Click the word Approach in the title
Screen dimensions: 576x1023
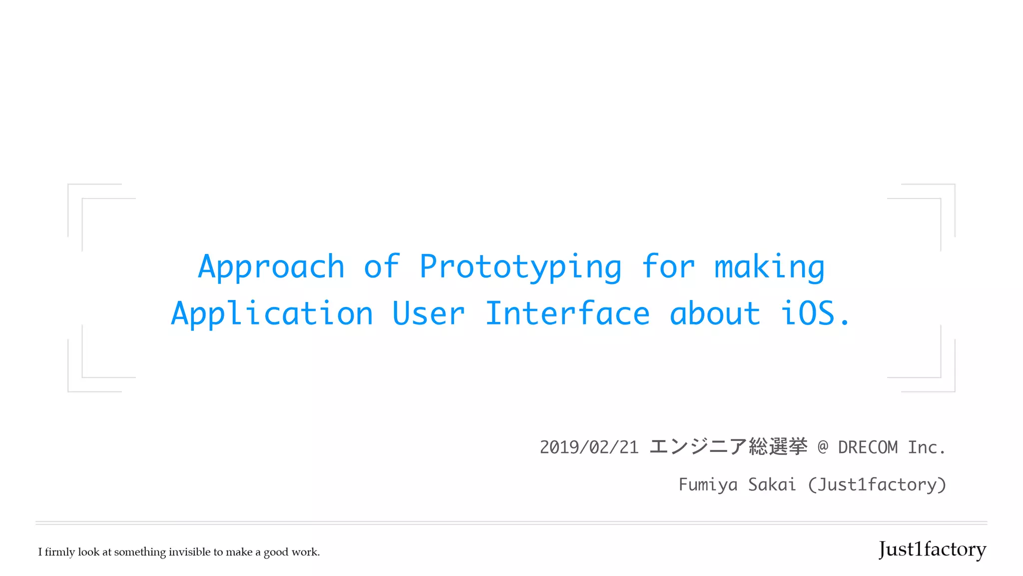271,267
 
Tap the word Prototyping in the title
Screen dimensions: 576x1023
520,267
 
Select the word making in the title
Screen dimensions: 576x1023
769,267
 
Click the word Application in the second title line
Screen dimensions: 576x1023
272,314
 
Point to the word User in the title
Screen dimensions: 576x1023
429,314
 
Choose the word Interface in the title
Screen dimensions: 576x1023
567,314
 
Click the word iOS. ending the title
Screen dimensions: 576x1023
815,314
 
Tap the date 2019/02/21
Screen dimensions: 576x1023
589,447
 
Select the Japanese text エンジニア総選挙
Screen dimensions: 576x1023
728,446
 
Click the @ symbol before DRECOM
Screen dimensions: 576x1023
823,446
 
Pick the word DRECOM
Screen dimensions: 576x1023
868,447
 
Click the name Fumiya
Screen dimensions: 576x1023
708,484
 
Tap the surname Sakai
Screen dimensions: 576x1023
772,484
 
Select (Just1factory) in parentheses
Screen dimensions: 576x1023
877,484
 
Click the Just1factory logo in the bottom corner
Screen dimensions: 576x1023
932,549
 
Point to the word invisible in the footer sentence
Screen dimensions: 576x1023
189,552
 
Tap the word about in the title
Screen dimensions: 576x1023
714,314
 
